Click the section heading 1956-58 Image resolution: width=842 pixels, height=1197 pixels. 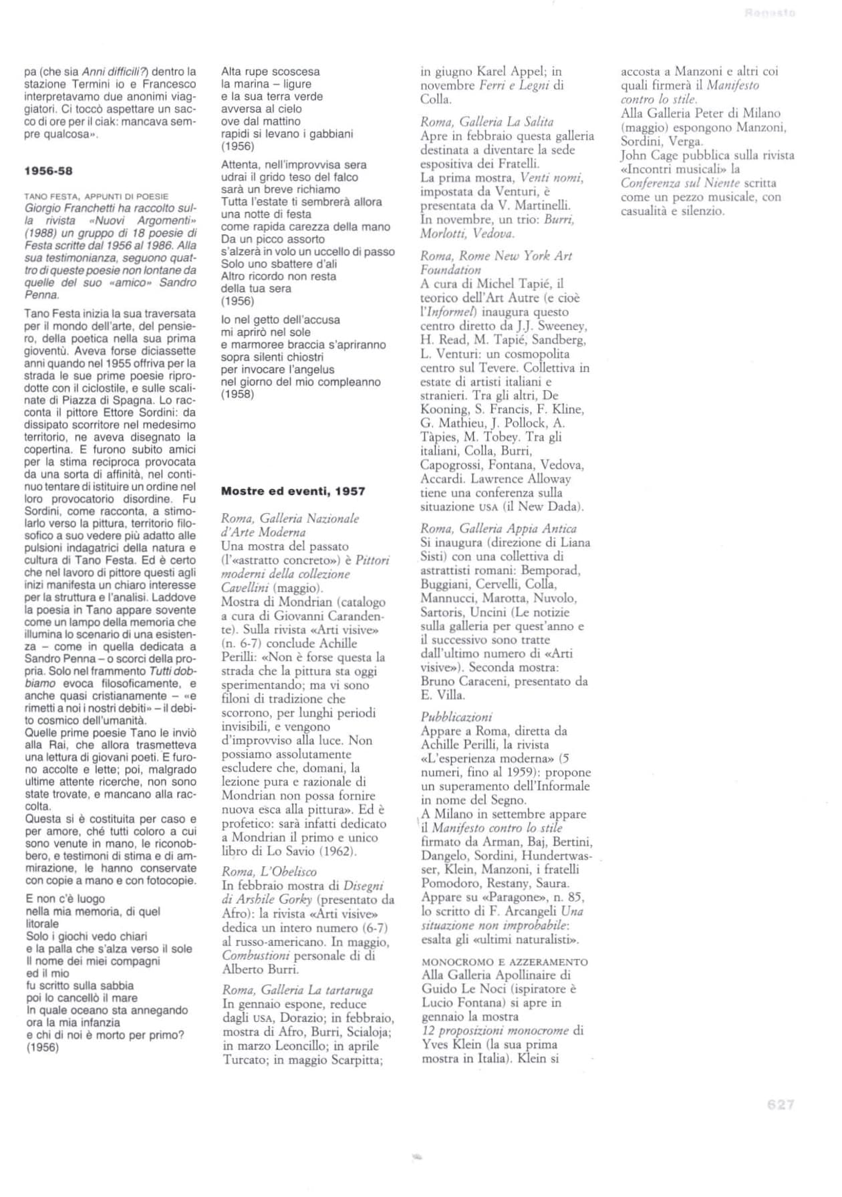click(x=48, y=170)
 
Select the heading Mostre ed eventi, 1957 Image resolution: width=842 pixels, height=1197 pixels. click(x=293, y=491)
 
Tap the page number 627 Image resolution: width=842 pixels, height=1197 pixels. click(x=780, y=1105)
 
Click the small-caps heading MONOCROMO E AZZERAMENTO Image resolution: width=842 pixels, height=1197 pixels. click(x=505, y=962)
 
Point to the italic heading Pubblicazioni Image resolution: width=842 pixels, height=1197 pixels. click(x=456, y=717)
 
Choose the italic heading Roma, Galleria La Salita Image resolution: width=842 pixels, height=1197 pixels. click(x=486, y=122)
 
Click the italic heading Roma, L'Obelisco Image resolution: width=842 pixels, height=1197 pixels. click(x=269, y=872)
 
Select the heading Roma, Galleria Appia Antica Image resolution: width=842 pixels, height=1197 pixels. click(x=499, y=528)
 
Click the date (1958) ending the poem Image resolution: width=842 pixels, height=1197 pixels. click(x=237, y=394)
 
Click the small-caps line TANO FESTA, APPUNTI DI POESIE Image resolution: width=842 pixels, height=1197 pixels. click(x=96, y=196)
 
